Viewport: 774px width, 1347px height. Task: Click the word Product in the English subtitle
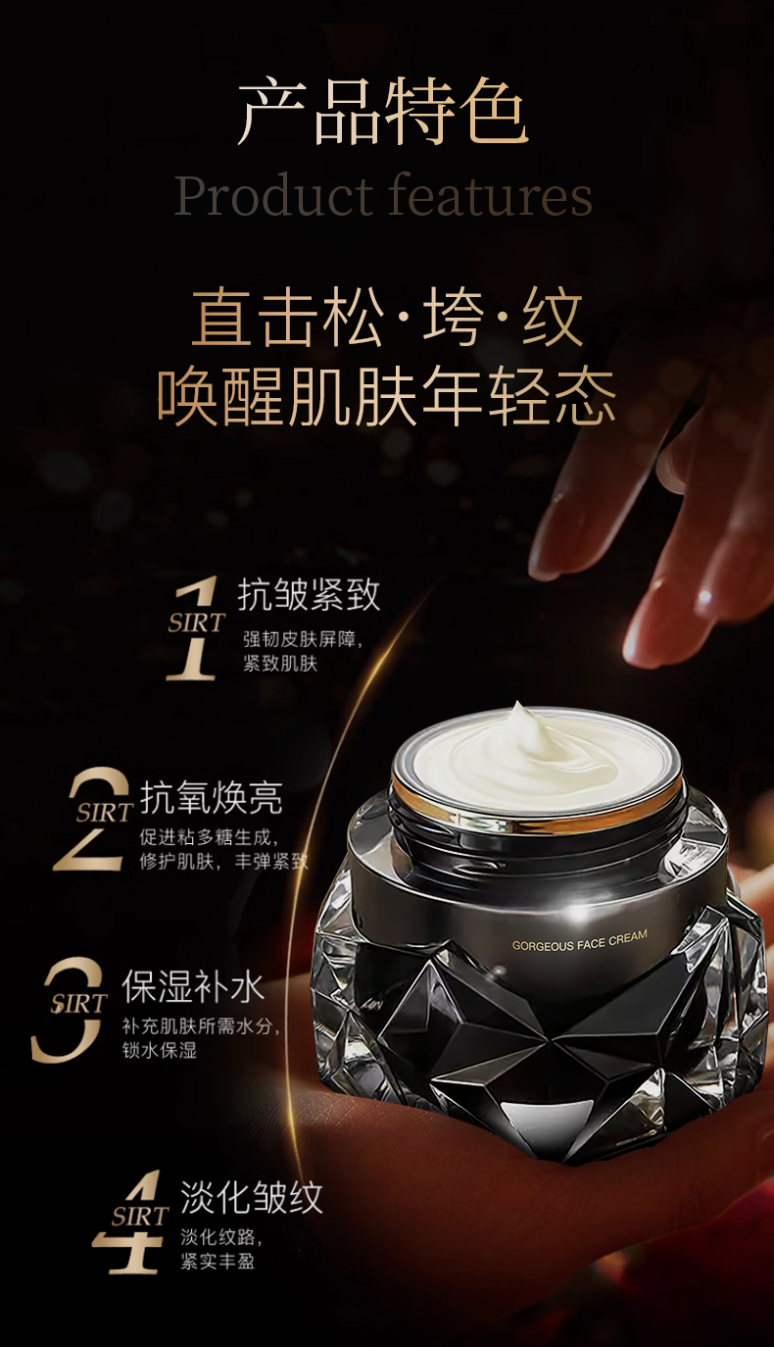tap(274, 195)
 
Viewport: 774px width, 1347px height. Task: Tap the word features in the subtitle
tap(490, 194)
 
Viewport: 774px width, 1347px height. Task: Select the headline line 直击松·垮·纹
tap(387, 317)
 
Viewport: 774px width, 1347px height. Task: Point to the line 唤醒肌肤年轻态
tap(386, 397)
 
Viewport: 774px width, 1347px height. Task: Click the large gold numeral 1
tap(194, 627)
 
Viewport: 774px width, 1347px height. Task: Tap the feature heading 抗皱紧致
tap(309, 595)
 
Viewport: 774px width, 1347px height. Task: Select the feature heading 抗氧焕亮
tap(211, 798)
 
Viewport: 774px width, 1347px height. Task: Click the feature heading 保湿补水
tap(193, 987)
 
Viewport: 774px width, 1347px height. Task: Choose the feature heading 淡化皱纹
tap(252, 1197)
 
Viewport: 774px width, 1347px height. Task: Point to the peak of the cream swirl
tap(516, 704)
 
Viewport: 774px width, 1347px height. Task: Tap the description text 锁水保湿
tap(160, 1051)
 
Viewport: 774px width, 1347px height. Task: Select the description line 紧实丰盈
tap(218, 1261)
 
